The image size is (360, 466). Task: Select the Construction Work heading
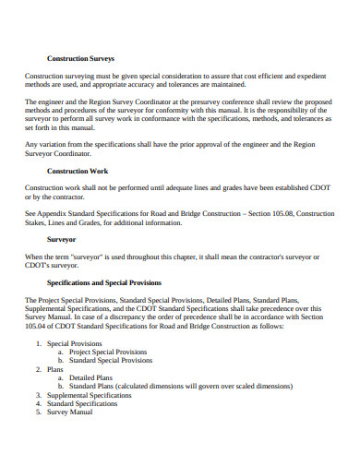78,171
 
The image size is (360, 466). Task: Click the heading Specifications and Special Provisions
103,281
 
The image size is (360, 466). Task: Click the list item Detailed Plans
91,377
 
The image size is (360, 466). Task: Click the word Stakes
40,222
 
